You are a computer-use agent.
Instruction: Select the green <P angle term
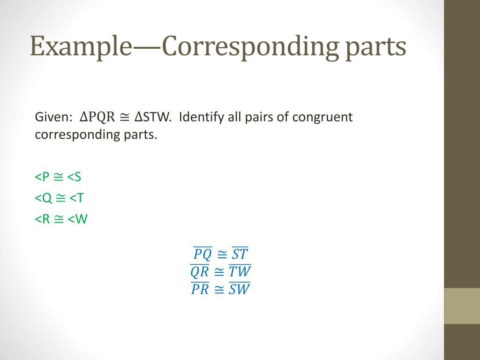pos(42,177)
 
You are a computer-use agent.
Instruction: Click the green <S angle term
pos(74,177)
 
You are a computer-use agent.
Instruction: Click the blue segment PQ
pos(202,254)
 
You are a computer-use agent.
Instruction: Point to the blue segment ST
pos(240,254)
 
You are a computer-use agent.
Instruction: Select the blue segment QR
pos(200,271)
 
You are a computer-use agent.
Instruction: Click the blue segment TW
pos(240,271)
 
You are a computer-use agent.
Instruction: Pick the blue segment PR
pos(200,289)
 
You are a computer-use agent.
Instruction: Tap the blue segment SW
pos(240,289)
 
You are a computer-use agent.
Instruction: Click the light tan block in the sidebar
pos(462,306)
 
